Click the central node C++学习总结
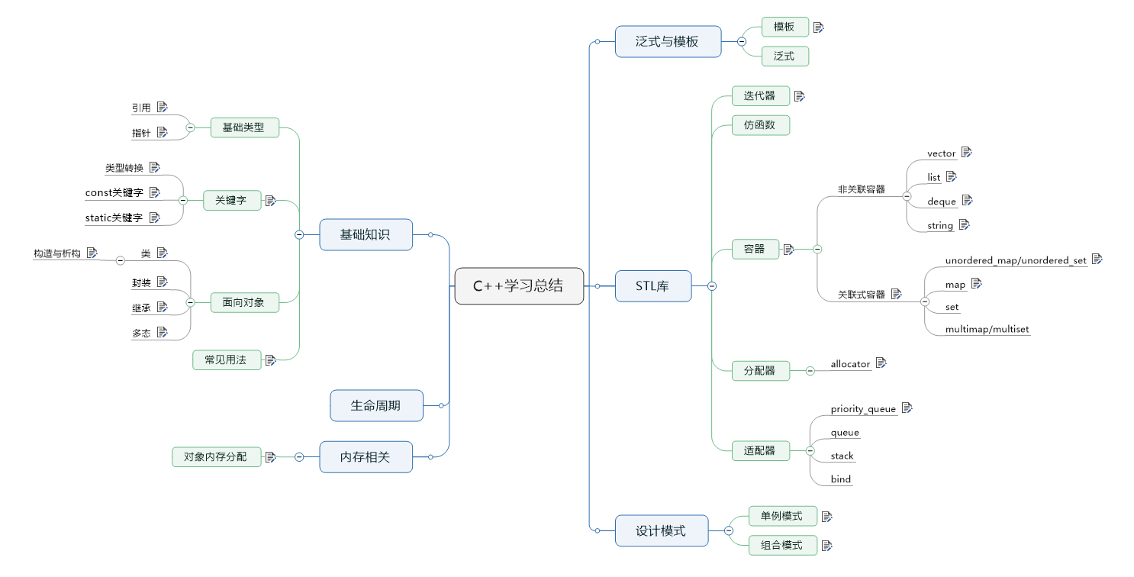[519, 286]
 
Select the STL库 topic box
[653, 286]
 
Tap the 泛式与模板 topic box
[668, 41]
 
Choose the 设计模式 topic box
[661, 530]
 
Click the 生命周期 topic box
[376, 405]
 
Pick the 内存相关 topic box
[366, 457]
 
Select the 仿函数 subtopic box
[760, 125]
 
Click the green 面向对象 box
[244, 303]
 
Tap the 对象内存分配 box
[216, 457]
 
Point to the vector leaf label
[941, 153]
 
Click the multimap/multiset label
[987, 329]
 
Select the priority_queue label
[862, 409]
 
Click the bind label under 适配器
[840, 479]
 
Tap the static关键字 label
[114, 218]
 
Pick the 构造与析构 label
[57, 253]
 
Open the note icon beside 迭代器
[799, 96]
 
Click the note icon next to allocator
[881, 363]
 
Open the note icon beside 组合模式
[827, 546]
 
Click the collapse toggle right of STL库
[712, 286]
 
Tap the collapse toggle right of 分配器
[810, 371]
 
